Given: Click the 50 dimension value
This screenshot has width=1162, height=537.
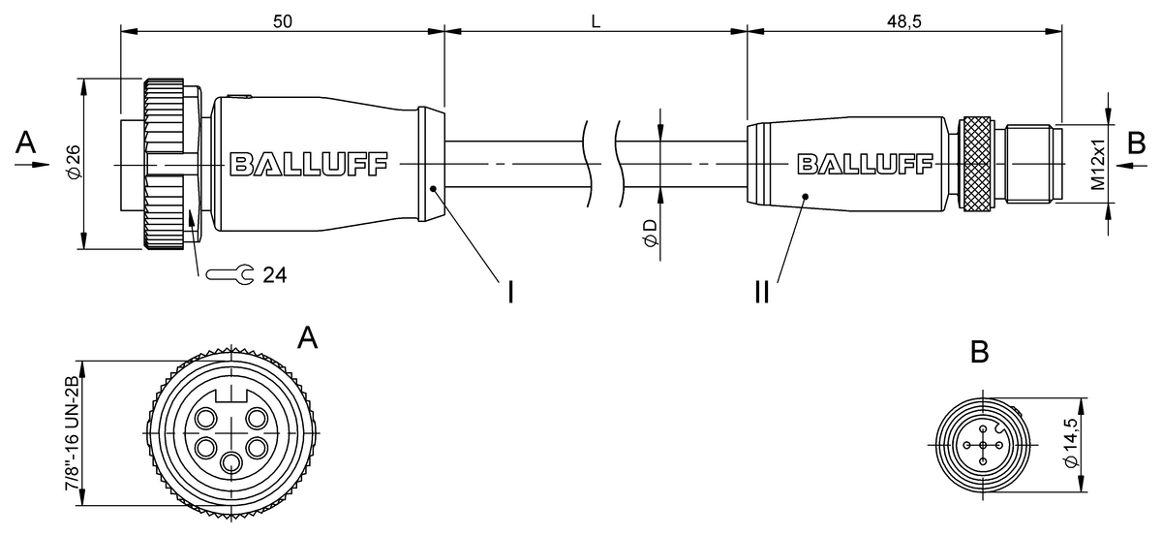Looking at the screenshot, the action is click(283, 21).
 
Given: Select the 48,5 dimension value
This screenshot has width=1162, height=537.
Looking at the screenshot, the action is click(904, 21).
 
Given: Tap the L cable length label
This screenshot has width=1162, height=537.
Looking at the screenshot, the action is click(596, 21).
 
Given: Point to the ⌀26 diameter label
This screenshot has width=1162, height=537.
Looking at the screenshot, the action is click(74, 162).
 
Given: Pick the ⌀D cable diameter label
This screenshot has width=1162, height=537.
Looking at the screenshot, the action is click(650, 233).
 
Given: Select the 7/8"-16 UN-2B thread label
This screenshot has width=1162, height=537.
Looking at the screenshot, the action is click(72, 432).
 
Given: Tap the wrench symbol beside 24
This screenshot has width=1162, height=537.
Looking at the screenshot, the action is click(229, 274).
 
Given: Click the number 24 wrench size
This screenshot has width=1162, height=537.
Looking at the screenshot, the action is click(274, 275).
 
